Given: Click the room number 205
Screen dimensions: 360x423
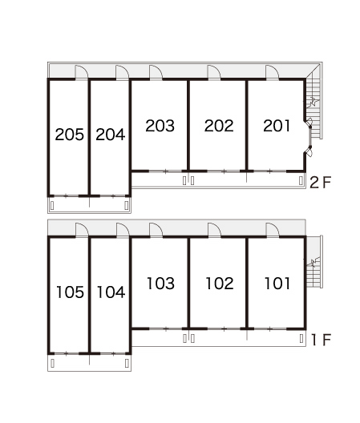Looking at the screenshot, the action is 70,135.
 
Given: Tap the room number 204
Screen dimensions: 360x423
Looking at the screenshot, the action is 110,135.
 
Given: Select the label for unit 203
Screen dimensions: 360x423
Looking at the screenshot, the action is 160,126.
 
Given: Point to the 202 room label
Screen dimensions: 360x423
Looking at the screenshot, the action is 219,126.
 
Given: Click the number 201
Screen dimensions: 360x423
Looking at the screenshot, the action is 277,126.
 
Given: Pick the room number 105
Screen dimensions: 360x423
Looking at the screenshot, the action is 70,292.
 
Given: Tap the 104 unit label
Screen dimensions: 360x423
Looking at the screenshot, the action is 111,292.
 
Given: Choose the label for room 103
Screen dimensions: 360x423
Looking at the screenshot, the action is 160,284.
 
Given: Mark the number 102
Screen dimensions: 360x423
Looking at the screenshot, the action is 220,284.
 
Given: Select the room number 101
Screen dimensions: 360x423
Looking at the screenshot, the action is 277,284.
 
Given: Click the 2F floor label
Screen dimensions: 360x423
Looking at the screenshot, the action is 320,183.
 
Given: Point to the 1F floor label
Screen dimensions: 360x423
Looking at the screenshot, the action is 321,340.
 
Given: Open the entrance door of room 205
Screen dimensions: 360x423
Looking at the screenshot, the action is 82,72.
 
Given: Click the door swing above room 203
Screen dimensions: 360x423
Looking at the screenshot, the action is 156,72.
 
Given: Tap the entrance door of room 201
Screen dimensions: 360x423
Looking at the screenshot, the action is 273,72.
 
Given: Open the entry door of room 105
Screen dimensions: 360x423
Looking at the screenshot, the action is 82,230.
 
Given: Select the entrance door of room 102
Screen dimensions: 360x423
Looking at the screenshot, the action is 214,230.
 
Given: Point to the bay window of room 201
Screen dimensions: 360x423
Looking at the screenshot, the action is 309,137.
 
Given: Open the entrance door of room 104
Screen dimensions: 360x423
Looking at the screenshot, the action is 123,230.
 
